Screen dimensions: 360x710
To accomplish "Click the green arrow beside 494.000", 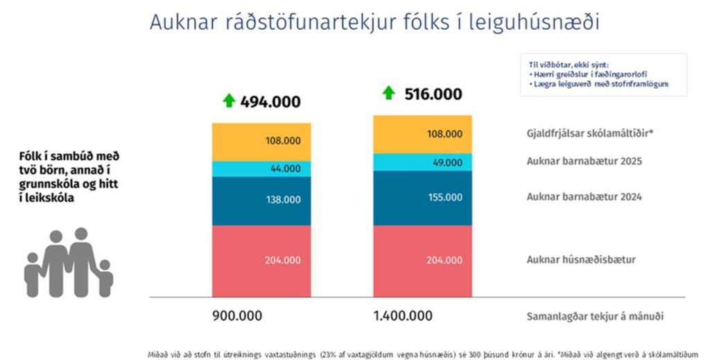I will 229,101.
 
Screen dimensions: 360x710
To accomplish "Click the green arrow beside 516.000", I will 389,93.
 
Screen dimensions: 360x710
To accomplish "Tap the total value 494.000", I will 270,102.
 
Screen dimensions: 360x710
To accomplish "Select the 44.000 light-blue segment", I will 261,169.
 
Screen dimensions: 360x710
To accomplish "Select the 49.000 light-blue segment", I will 422,162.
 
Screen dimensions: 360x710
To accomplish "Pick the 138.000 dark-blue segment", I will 261,200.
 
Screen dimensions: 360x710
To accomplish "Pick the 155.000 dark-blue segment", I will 422,198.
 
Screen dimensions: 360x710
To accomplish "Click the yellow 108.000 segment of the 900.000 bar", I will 261,142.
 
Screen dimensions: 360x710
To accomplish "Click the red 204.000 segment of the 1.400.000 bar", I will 422,260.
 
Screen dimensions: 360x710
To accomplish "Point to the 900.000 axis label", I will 237,316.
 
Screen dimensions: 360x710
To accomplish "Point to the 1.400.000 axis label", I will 402,316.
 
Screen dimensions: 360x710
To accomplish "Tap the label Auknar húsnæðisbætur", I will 581,260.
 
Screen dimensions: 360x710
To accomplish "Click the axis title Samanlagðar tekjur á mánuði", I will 595,316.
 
